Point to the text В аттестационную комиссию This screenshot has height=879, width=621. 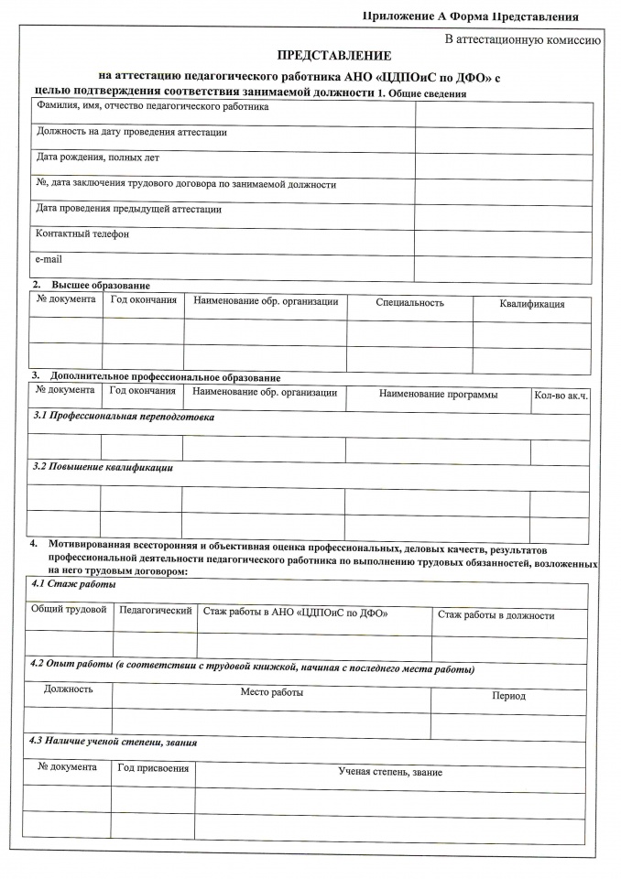pyautogui.click(x=522, y=39)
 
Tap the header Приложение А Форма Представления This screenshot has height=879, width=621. pyautogui.click(x=471, y=16)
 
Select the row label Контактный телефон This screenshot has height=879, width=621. pyautogui.click(x=82, y=234)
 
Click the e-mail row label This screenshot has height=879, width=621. pyautogui.click(x=49, y=260)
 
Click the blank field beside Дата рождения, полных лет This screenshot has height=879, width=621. pyautogui.click(x=503, y=167)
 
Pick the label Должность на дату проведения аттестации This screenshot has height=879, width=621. pyautogui.click(x=131, y=133)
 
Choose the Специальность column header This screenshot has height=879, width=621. pyautogui.click(x=409, y=302)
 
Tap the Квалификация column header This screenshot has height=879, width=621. pyautogui.click(x=532, y=304)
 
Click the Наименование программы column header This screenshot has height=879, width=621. pyautogui.click(x=439, y=395)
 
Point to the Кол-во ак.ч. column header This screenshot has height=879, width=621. pyautogui.click(x=561, y=396)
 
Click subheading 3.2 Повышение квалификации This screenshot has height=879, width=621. pyautogui.click(x=103, y=468)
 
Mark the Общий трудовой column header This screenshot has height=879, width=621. pyautogui.click(x=69, y=610)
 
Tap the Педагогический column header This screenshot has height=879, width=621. pyautogui.click(x=156, y=610)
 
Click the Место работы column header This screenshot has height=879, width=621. pyautogui.click(x=272, y=692)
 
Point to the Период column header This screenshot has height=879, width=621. pyautogui.click(x=508, y=696)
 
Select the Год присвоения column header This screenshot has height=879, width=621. pyautogui.click(x=153, y=767)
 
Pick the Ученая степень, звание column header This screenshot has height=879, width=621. pyautogui.click(x=390, y=772)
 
